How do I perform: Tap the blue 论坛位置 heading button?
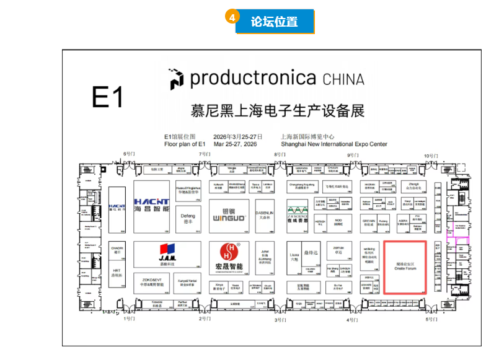[x=275, y=22]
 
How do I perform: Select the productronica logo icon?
[x=177, y=79]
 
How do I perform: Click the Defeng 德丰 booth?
[x=188, y=219]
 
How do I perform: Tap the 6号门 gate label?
[x=129, y=154]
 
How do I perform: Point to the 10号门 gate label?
[x=430, y=155]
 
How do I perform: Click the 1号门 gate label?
[x=129, y=318]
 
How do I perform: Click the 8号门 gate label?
[x=280, y=154]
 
